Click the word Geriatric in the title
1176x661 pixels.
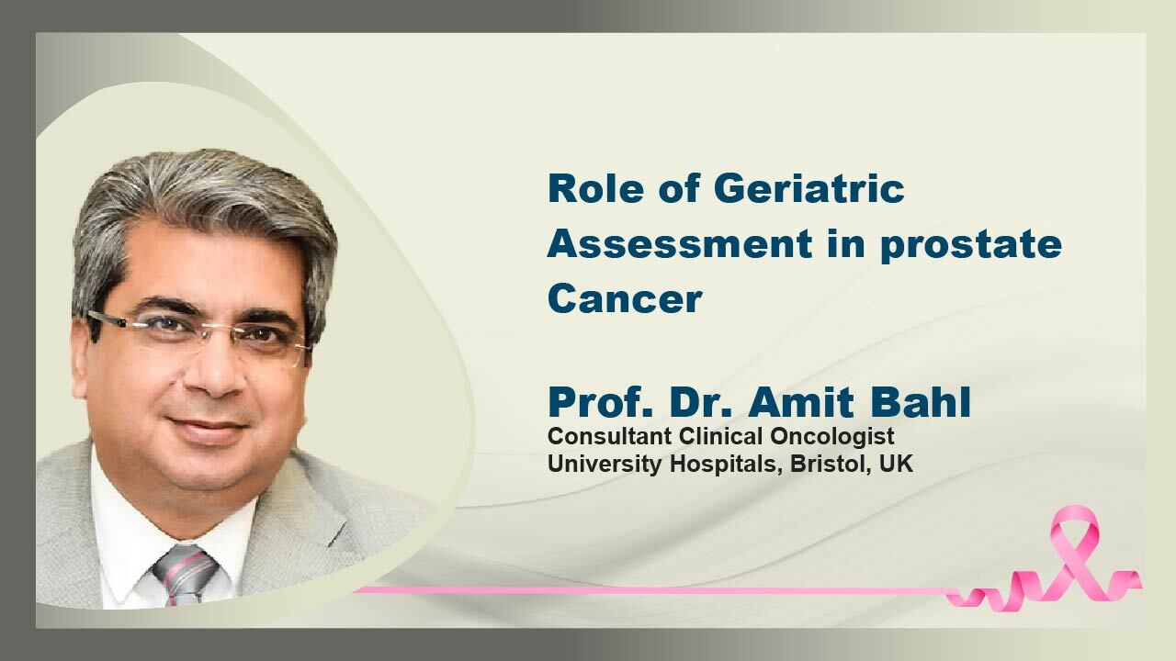(x=809, y=188)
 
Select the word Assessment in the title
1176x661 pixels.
(x=680, y=244)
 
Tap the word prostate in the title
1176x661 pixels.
(x=971, y=247)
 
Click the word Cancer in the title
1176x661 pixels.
(x=625, y=298)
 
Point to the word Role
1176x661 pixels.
(x=595, y=188)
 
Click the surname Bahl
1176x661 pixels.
(x=921, y=402)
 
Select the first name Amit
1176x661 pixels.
(x=801, y=402)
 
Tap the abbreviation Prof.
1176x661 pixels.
(x=601, y=402)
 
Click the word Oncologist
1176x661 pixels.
(x=832, y=437)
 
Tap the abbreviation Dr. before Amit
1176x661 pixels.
(x=700, y=402)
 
